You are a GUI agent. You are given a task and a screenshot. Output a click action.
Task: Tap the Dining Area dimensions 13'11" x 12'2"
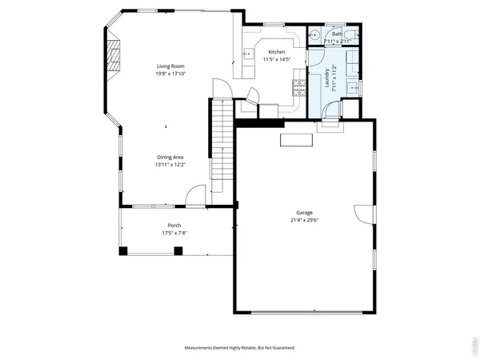[170, 164]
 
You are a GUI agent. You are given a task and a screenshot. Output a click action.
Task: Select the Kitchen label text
[277, 51]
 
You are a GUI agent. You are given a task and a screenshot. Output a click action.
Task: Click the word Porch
[174, 226]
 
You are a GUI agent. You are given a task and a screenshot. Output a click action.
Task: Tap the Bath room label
[337, 34]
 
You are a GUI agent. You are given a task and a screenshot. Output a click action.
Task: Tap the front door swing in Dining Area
[194, 197]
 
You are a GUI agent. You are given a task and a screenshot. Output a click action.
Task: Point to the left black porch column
[123, 250]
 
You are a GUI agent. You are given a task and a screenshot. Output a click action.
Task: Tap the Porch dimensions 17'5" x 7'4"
[174, 234]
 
